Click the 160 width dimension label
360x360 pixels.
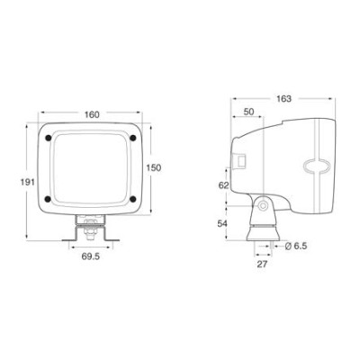(92, 114)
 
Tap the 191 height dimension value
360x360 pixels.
(28, 182)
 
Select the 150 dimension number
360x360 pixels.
(154, 167)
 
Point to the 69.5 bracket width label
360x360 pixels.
(91, 256)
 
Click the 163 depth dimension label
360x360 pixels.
(283, 99)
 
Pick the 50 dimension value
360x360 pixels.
(248, 112)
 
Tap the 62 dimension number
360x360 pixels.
(223, 185)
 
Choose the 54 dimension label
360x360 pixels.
(223, 224)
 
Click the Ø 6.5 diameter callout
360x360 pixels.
(295, 247)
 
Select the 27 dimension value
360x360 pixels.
(262, 265)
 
